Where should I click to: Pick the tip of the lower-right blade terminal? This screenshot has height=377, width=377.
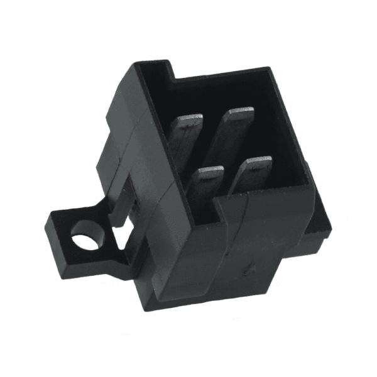[x=258, y=162]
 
